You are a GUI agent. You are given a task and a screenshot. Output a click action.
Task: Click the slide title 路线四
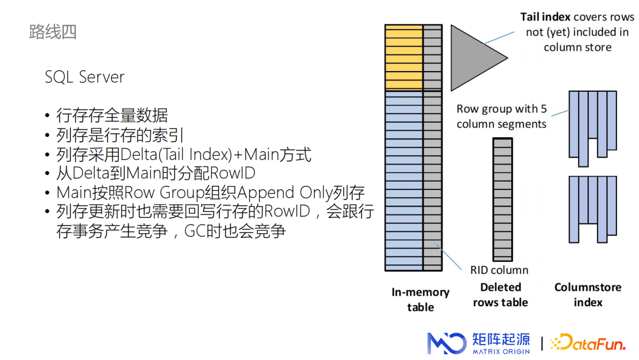(53, 31)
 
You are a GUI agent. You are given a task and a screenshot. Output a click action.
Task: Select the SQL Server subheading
(85, 77)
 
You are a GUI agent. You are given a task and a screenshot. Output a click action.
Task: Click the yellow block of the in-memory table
(404, 57)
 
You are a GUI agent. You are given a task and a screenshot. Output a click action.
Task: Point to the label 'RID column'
(499, 270)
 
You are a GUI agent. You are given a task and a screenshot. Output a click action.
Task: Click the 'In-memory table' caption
(420, 300)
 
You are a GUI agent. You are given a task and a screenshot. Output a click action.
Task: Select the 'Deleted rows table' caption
(500, 294)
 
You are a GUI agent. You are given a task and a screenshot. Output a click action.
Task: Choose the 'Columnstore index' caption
(588, 294)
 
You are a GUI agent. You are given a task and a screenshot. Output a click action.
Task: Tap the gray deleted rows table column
(502, 199)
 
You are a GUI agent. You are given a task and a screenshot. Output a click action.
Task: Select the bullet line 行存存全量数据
(112, 115)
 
